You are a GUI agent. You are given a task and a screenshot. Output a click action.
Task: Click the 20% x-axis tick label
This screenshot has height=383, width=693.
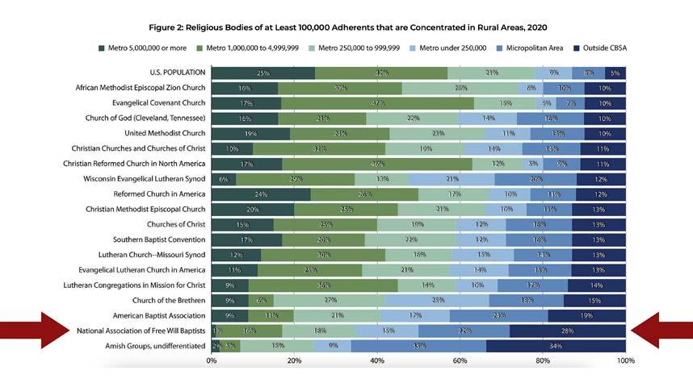pyautogui.click(x=294, y=360)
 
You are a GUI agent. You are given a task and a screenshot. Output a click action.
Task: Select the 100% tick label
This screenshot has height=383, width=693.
pyautogui.click(x=624, y=360)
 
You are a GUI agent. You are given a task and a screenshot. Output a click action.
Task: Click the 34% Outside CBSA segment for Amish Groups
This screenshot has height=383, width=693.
pyautogui.click(x=556, y=345)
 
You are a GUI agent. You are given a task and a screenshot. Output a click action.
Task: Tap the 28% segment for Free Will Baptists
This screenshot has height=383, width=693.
pyautogui.click(x=568, y=331)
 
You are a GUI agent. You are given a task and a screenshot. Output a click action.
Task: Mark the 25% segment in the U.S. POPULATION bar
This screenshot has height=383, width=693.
pyautogui.click(x=263, y=73)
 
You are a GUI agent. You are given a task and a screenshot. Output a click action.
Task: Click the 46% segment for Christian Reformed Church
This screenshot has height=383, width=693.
pyautogui.click(x=377, y=164)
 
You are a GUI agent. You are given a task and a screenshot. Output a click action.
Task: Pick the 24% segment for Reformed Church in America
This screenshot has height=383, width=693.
pyautogui.click(x=261, y=194)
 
